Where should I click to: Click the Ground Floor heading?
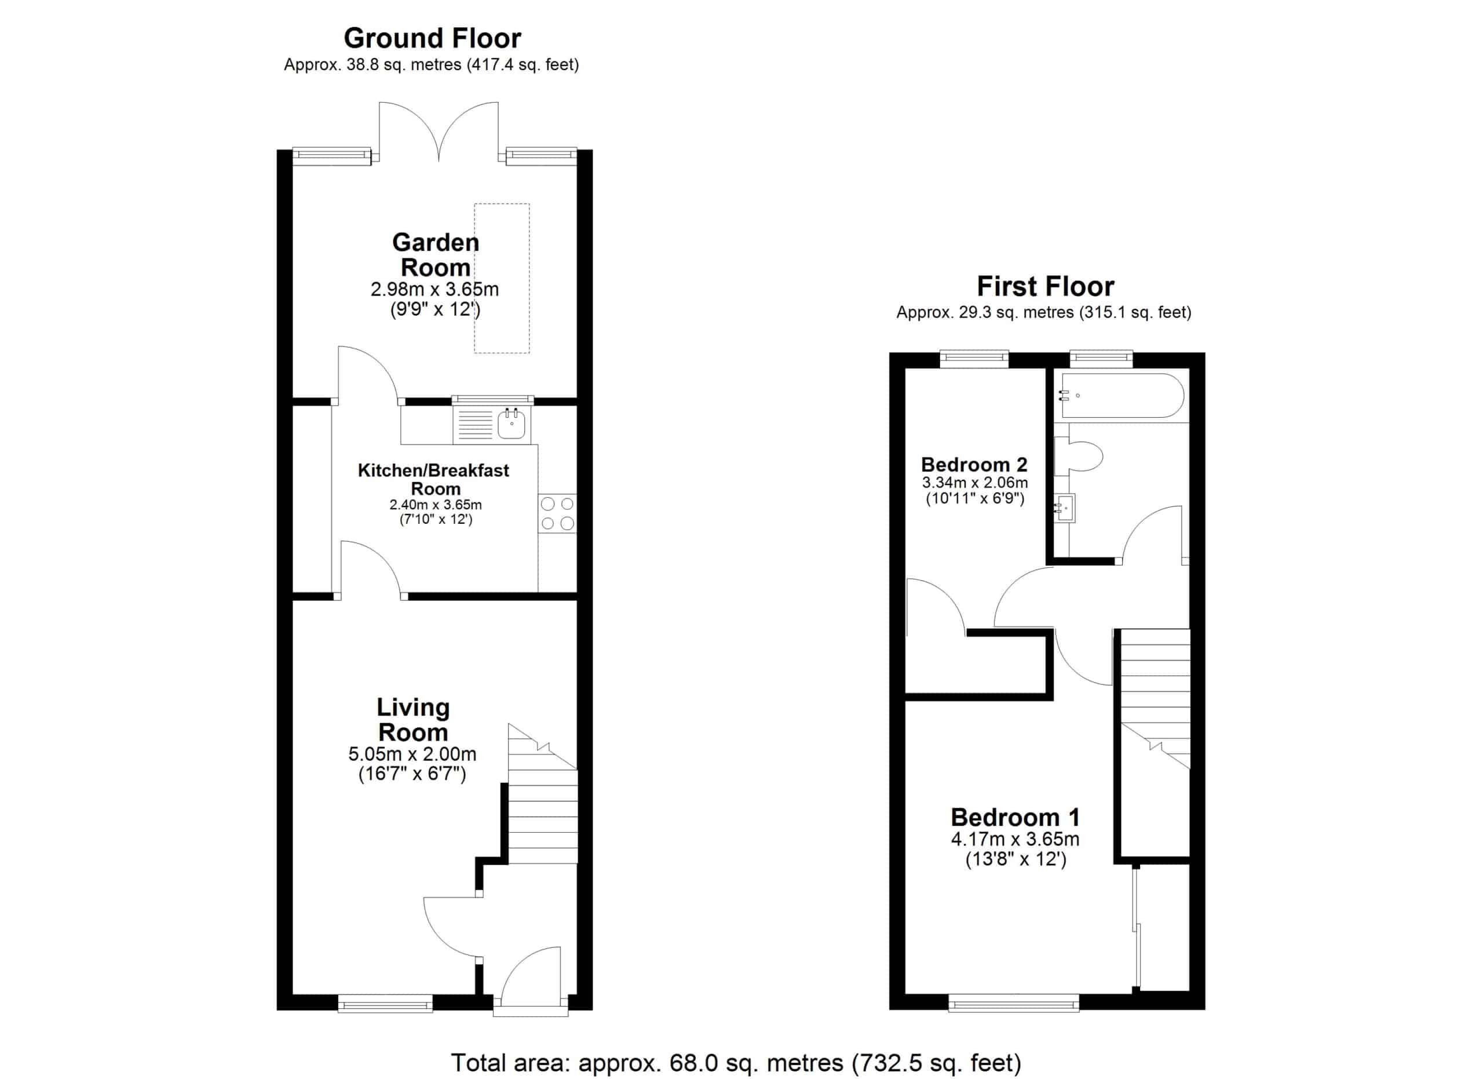point(432,38)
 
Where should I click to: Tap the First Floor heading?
point(1045,286)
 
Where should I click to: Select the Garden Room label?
point(436,255)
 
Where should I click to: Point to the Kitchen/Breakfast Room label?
point(433,479)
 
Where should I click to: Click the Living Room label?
point(413,719)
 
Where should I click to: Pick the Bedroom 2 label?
point(974,464)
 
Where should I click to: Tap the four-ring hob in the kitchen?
point(558,513)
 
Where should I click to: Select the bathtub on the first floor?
point(1122,396)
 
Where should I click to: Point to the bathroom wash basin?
point(1065,508)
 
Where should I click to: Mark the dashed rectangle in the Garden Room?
point(502,279)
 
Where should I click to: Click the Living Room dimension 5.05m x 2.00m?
point(412,754)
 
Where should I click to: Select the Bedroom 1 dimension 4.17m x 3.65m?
point(1015,839)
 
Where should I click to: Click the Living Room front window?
point(385,1003)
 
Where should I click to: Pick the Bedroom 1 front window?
point(1014,1003)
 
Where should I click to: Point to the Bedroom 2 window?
point(974,358)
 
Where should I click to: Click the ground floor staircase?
point(543,794)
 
